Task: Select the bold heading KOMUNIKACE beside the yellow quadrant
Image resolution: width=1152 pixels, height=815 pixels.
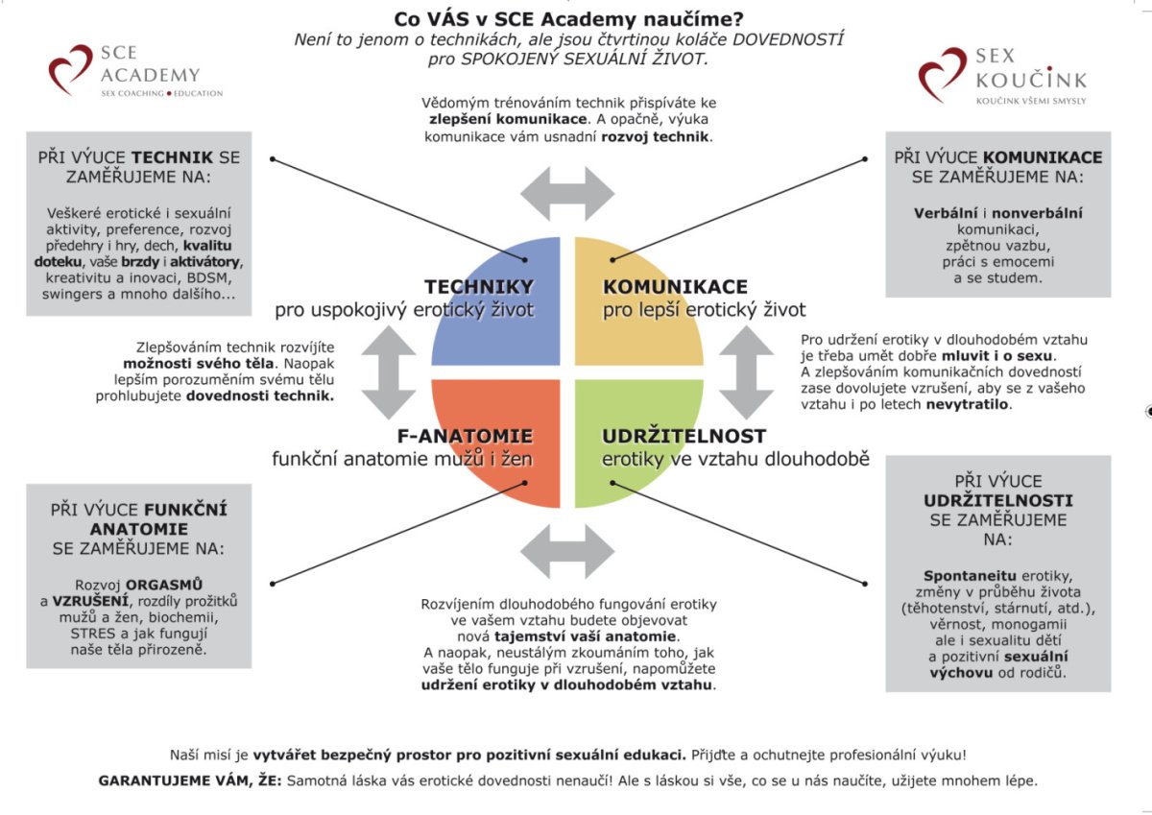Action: [675, 287]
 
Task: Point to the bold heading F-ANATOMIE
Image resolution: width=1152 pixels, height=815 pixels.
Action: [465, 436]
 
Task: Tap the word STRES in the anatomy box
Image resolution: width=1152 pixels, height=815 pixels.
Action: [91, 633]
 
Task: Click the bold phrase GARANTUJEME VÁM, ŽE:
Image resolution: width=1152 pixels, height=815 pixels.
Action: [189, 781]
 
